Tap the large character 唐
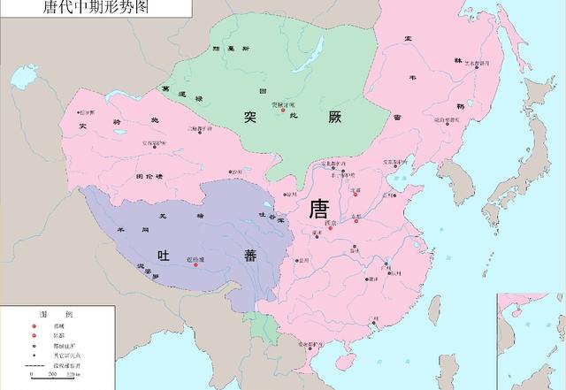[x=318, y=209]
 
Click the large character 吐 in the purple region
[x=163, y=254]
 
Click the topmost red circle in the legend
[x=34, y=325]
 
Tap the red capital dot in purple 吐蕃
[x=195, y=263]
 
